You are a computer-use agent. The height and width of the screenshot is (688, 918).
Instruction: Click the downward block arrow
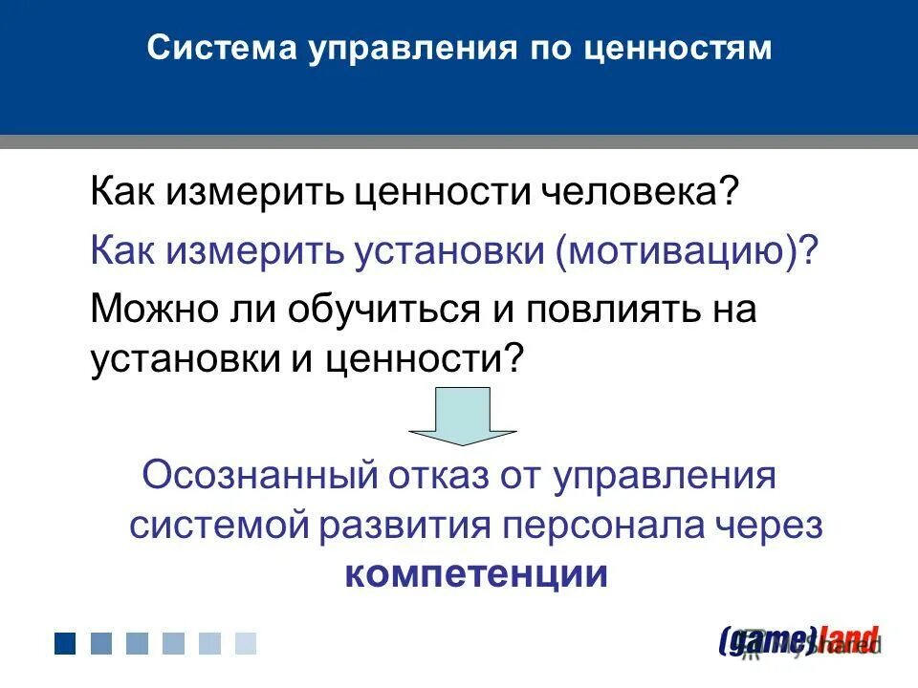pyautogui.click(x=463, y=415)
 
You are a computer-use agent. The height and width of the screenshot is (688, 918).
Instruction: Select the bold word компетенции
pyautogui.click(x=475, y=575)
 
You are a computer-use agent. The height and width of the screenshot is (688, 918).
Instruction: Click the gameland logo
pyautogui.click(x=798, y=639)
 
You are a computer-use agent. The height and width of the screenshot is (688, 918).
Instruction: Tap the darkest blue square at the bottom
pyautogui.click(x=65, y=643)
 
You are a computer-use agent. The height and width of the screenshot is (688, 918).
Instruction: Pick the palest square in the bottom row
pyautogui.click(x=246, y=643)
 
